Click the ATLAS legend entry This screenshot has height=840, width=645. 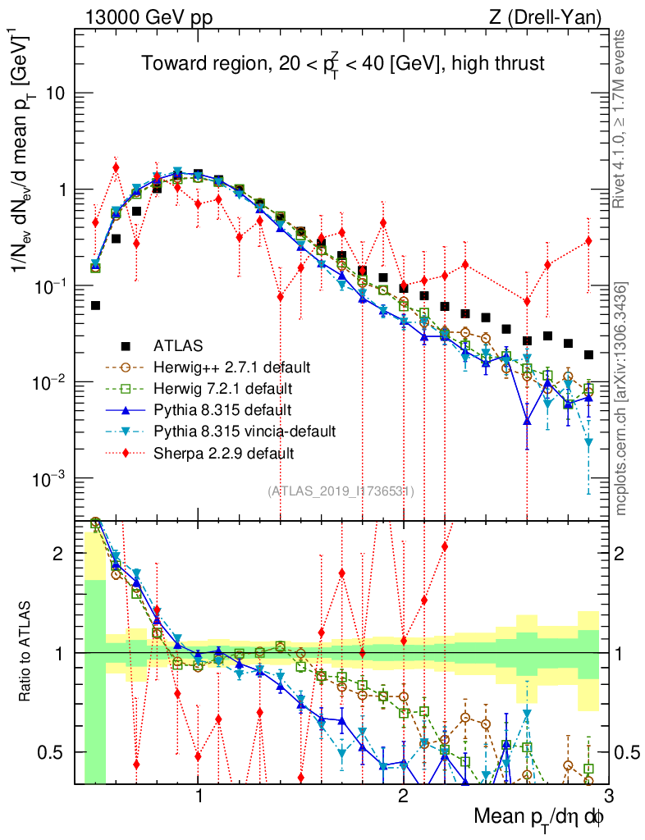pos(178,345)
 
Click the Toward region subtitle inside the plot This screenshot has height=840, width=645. pos(342,63)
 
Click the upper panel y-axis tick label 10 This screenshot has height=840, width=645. pos(56,94)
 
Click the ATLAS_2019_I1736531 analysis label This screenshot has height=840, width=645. pos(341,491)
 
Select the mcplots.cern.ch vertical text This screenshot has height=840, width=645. pos(622,398)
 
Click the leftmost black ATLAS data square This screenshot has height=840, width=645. pos(96,305)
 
